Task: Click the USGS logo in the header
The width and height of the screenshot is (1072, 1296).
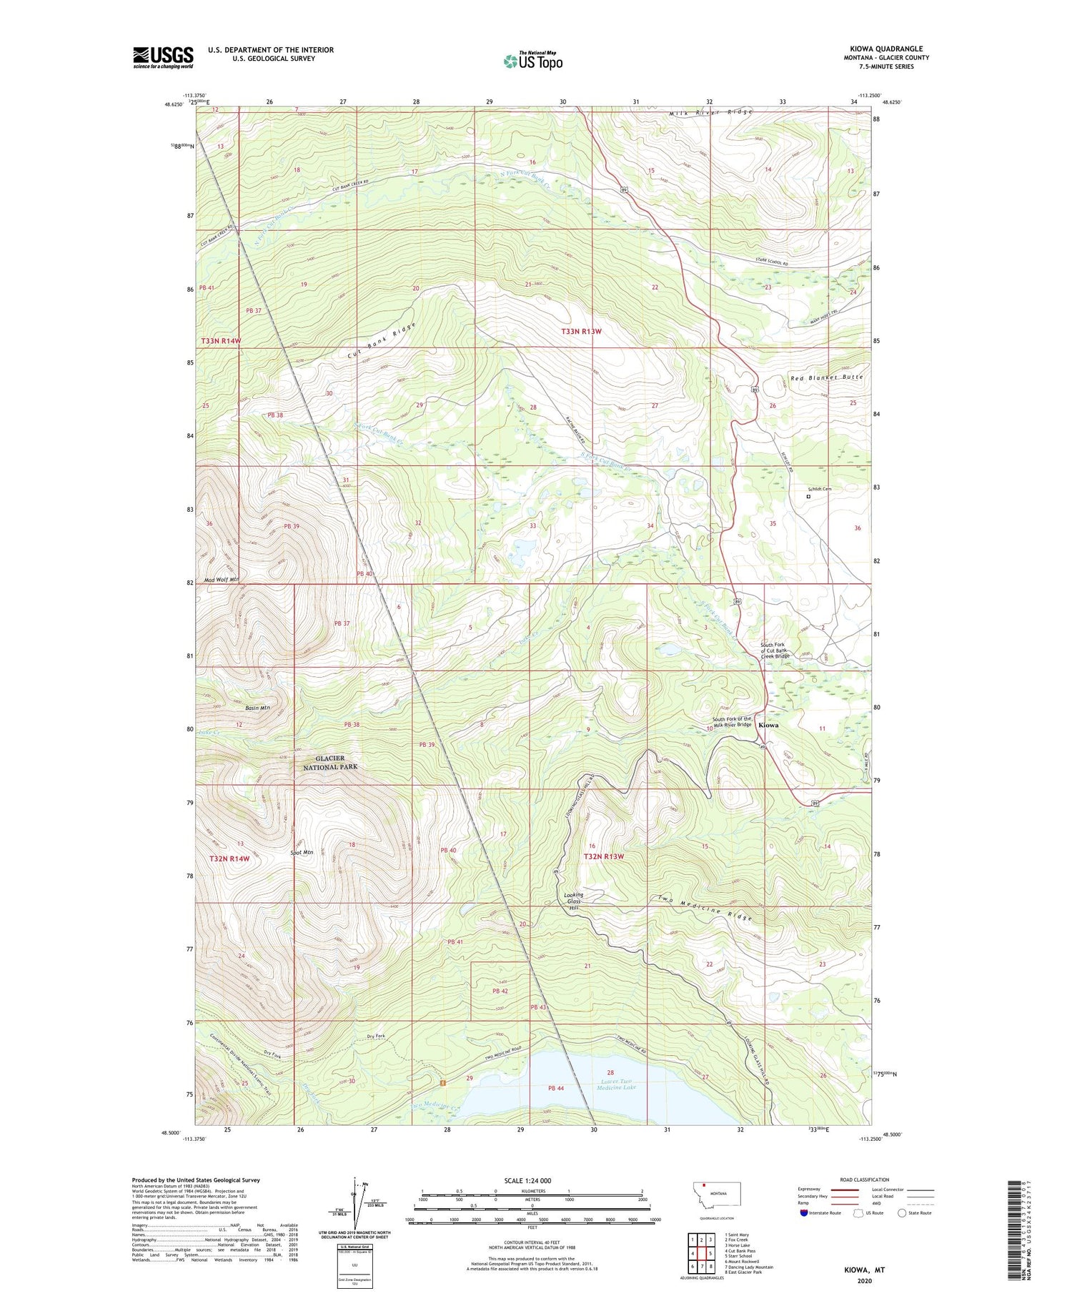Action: click(x=163, y=57)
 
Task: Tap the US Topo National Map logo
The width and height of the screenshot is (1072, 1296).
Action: click(x=532, y=61)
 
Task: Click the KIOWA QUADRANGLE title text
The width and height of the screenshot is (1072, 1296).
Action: click(x=885, y=49)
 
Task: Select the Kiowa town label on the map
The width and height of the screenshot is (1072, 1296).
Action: click(x=768, y=725)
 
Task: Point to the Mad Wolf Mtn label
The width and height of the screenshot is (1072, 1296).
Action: click(x=221, y=579)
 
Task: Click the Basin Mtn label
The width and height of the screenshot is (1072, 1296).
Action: click(x=257, y=708)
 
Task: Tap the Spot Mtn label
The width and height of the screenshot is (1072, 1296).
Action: click(x=301, y=852)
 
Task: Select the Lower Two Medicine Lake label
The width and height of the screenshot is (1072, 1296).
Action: click(x=615, y=1084)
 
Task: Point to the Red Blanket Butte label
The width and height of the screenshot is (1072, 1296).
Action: click(x=826, y=377)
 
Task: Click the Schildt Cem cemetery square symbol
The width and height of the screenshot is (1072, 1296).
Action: click(x=808, y=496)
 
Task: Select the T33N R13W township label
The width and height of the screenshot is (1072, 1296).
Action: click(x=581, y=332)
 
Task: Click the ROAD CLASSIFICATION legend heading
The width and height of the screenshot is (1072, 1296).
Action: click(x=865, y=1179)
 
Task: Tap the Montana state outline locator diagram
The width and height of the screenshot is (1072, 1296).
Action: click(x=717, y=1194)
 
